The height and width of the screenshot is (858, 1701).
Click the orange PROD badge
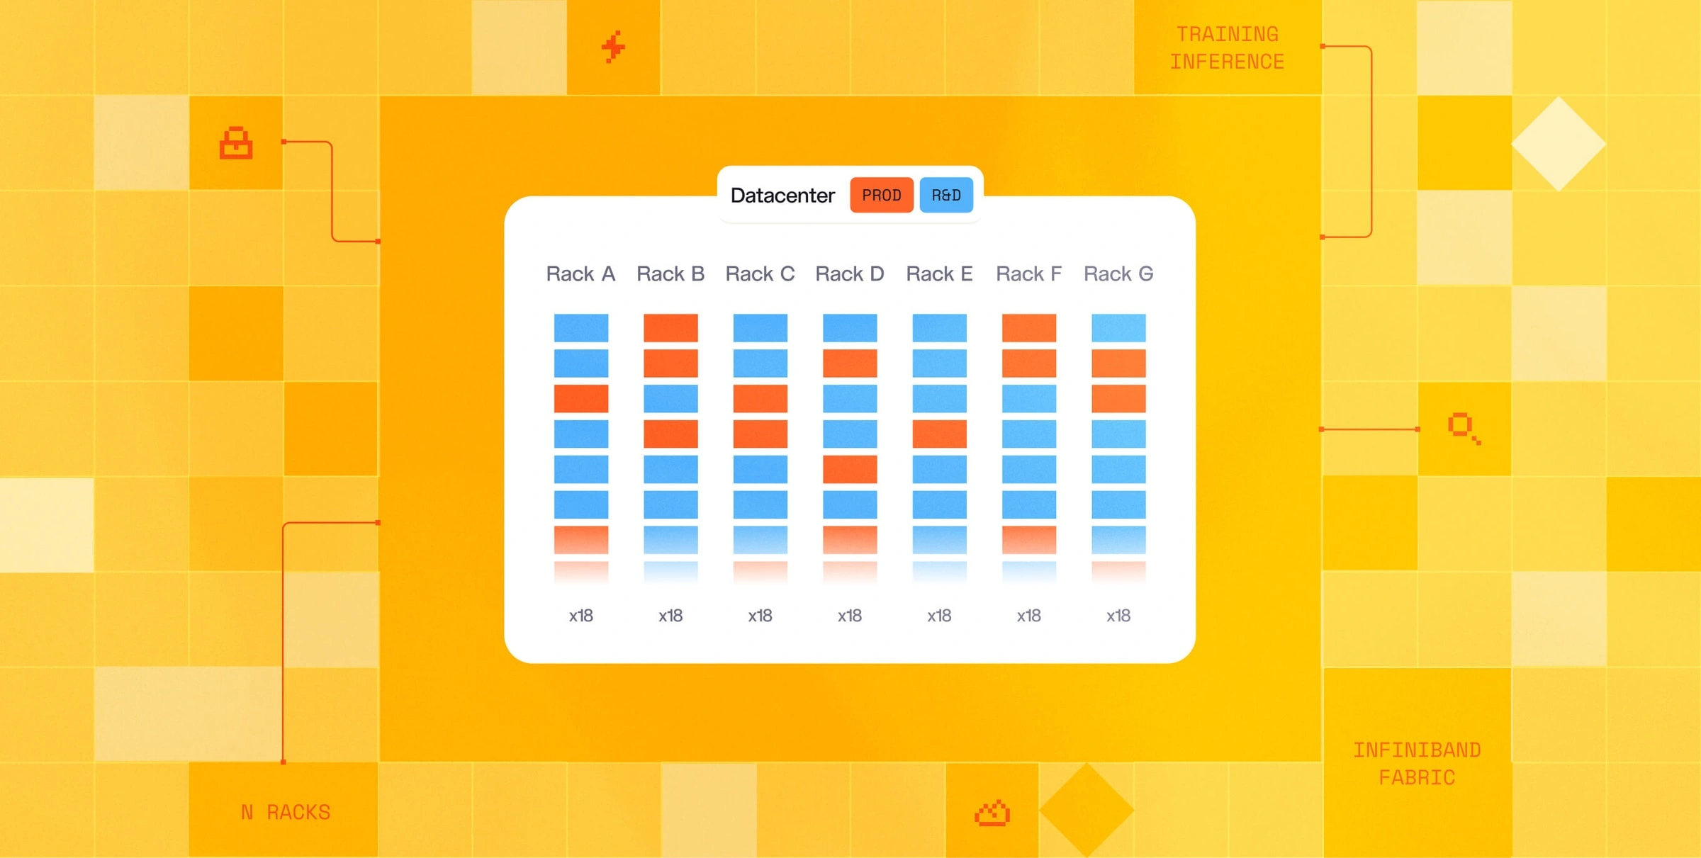[x=881, y=195]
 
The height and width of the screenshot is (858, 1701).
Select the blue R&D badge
[x=946, y=195]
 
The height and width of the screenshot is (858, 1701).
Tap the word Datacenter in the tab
[x=782, y=196]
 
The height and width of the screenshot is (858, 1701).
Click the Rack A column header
[x=580, y=274]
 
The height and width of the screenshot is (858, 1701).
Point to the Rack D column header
[x=850, y=274]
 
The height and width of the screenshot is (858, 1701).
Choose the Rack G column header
[x=1118, y=274]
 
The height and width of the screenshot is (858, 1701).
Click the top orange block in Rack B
[x=670, y=327]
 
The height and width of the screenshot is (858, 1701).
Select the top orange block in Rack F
[x=1029, y=327]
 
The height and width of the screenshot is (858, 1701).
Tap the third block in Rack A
[x=581, y=398]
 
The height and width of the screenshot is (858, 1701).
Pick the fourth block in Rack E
[x=940, y=434]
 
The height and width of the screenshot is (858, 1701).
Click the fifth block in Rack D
[x=850, y=469]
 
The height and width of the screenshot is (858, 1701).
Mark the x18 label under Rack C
[x=760, y=616]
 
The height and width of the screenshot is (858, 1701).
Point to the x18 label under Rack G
[x=1118, y=616]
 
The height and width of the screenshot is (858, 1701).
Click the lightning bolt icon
[x=613, y=47]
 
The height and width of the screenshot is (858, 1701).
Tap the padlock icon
[x=236, y=143]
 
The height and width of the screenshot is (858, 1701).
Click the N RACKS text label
[x=286, y=812]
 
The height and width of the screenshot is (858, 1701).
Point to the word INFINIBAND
[x=1417, y=750]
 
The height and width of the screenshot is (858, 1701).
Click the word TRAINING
[x=1228, y=34]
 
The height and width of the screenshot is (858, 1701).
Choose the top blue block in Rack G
[x=1118, y=327]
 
